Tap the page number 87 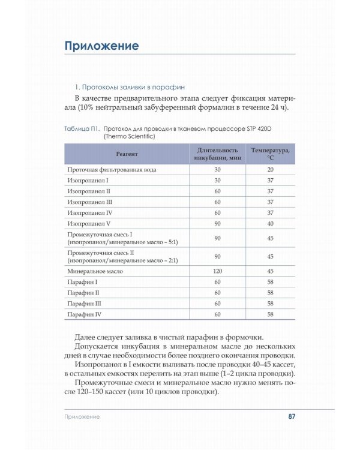(292, 416)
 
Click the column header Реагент (127, 154)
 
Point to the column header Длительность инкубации (217, 154)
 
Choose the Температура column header (270, 154)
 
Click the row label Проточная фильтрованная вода (112, 170)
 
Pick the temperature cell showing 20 (270, 170)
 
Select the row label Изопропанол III (89, 202)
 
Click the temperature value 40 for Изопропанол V (270, 224)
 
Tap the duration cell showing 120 (217, 271)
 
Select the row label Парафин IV (85, 314)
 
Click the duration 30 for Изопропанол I (217, 181)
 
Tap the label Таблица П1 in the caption (82, 128)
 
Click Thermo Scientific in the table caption (129, 136)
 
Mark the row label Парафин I (83, 282)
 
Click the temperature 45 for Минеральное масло (270, 271)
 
